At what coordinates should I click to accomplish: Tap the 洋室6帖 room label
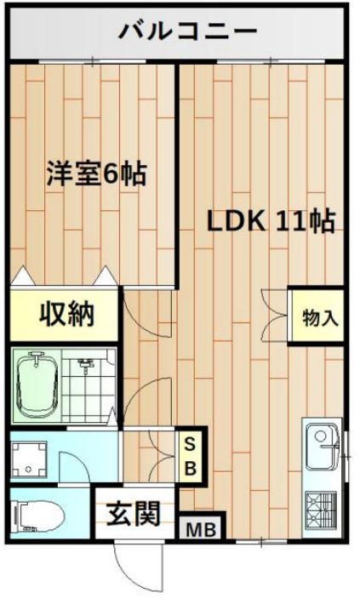tap(97, 174)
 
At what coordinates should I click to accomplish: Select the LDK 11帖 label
tap(271, 221)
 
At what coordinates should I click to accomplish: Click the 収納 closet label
tap(66, 315)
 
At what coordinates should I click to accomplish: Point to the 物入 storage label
tap(320, 317)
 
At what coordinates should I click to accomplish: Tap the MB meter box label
tap(201, 529)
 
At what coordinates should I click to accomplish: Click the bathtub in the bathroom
tap(37, 386)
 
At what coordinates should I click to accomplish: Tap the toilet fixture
tap(38, 516)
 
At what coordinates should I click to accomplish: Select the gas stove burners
tap(321, 510)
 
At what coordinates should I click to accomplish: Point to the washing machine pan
tap(29, 458)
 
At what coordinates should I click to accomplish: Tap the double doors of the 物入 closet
tap(275, 316)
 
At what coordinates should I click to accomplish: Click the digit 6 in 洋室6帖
tap(111, 175)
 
